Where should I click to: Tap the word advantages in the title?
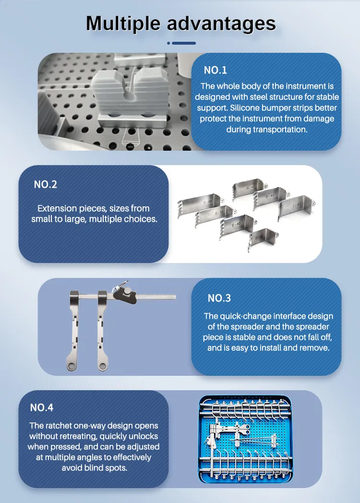(x=222, y=24)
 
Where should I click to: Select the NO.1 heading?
(x=215, y=70)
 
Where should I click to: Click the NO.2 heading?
(x=46, y=184)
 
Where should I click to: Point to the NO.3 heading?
(x=219, y=298)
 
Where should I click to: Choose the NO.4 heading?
(x=42, y=407)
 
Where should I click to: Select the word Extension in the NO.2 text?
(x=57, y=208)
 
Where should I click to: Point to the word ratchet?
(x=60, y=426)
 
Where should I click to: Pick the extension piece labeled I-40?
(x=294, y=206)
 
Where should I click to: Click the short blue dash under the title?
(x=183, y=43)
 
